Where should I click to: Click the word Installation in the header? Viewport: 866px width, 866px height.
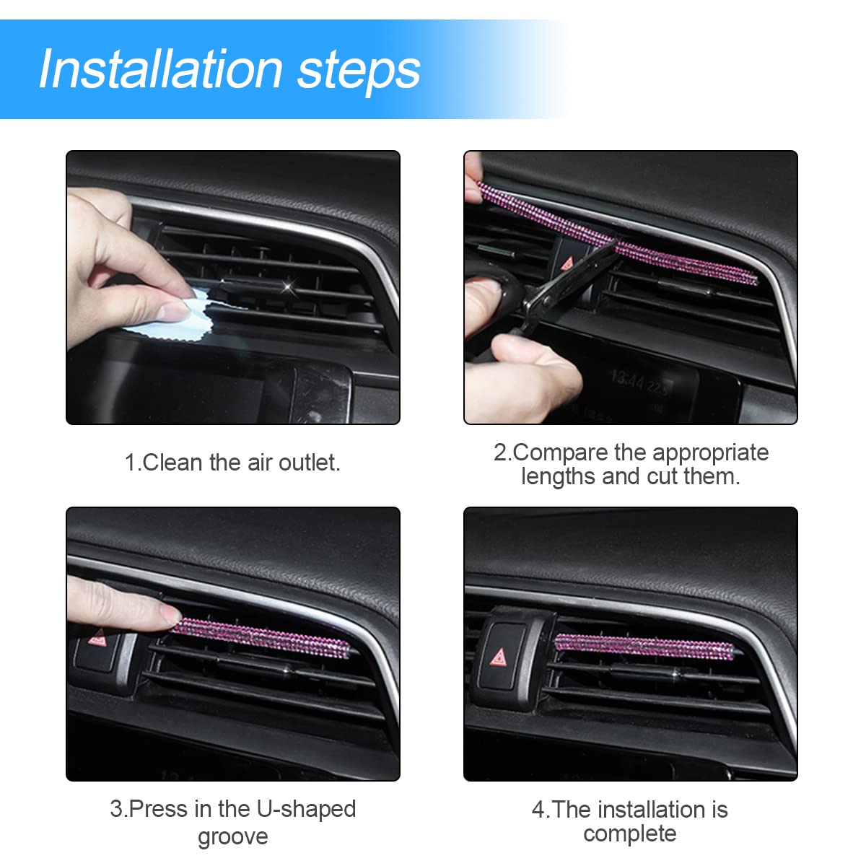160,69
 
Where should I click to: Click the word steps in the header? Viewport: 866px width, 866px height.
359,71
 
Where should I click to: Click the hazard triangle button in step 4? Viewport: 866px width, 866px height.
499,657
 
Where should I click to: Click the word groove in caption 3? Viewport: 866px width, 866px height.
232,836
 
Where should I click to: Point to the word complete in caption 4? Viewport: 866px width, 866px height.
629,834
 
